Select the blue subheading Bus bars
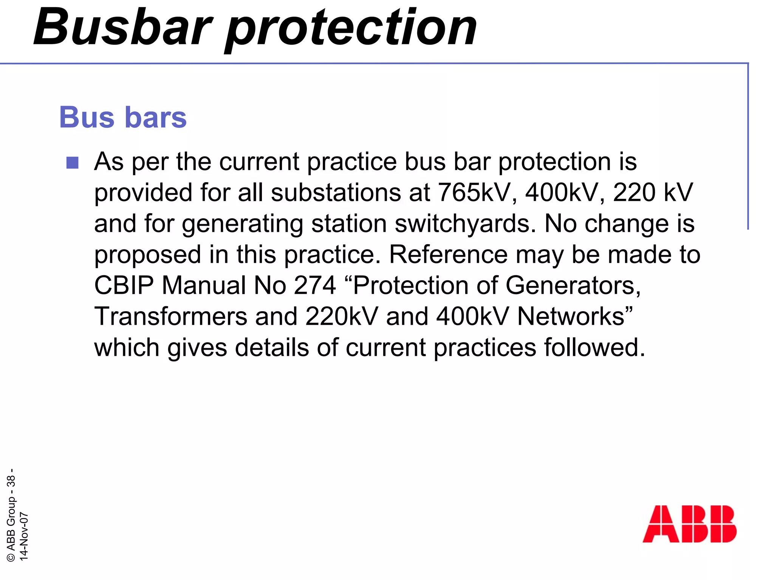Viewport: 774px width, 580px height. [123, 117]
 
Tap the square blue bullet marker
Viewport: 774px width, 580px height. [72, 163]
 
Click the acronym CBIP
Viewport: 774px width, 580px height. [124, 285]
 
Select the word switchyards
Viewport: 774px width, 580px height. [465, 223]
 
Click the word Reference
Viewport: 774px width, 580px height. [448, 254]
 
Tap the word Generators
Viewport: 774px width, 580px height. [573, 285]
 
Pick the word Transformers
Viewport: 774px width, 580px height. [170, 316]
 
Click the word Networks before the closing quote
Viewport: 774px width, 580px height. [570, 316]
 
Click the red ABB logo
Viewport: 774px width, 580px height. [689, 524]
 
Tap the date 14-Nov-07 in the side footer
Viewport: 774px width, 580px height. [23, 536]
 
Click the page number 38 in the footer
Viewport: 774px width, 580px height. [11, 481]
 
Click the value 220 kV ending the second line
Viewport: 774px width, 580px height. [653, 192]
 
